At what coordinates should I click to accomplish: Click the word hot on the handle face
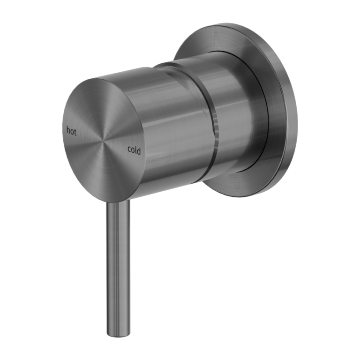pyautogui.click(x=71, y=131)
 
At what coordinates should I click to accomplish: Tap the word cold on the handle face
pyautogui.click(x=134, y=150)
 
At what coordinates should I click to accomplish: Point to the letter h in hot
pyautogui.click(x=68, y=130)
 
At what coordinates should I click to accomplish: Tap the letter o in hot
pyautogui.click(x=72, y=131)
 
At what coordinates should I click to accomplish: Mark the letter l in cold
pyautogui.click(x=136, y=150)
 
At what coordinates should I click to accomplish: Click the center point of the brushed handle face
pyautogui.click(x=104, y=140)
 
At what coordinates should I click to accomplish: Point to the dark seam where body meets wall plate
pyautogui.click(x=267, y=117)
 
